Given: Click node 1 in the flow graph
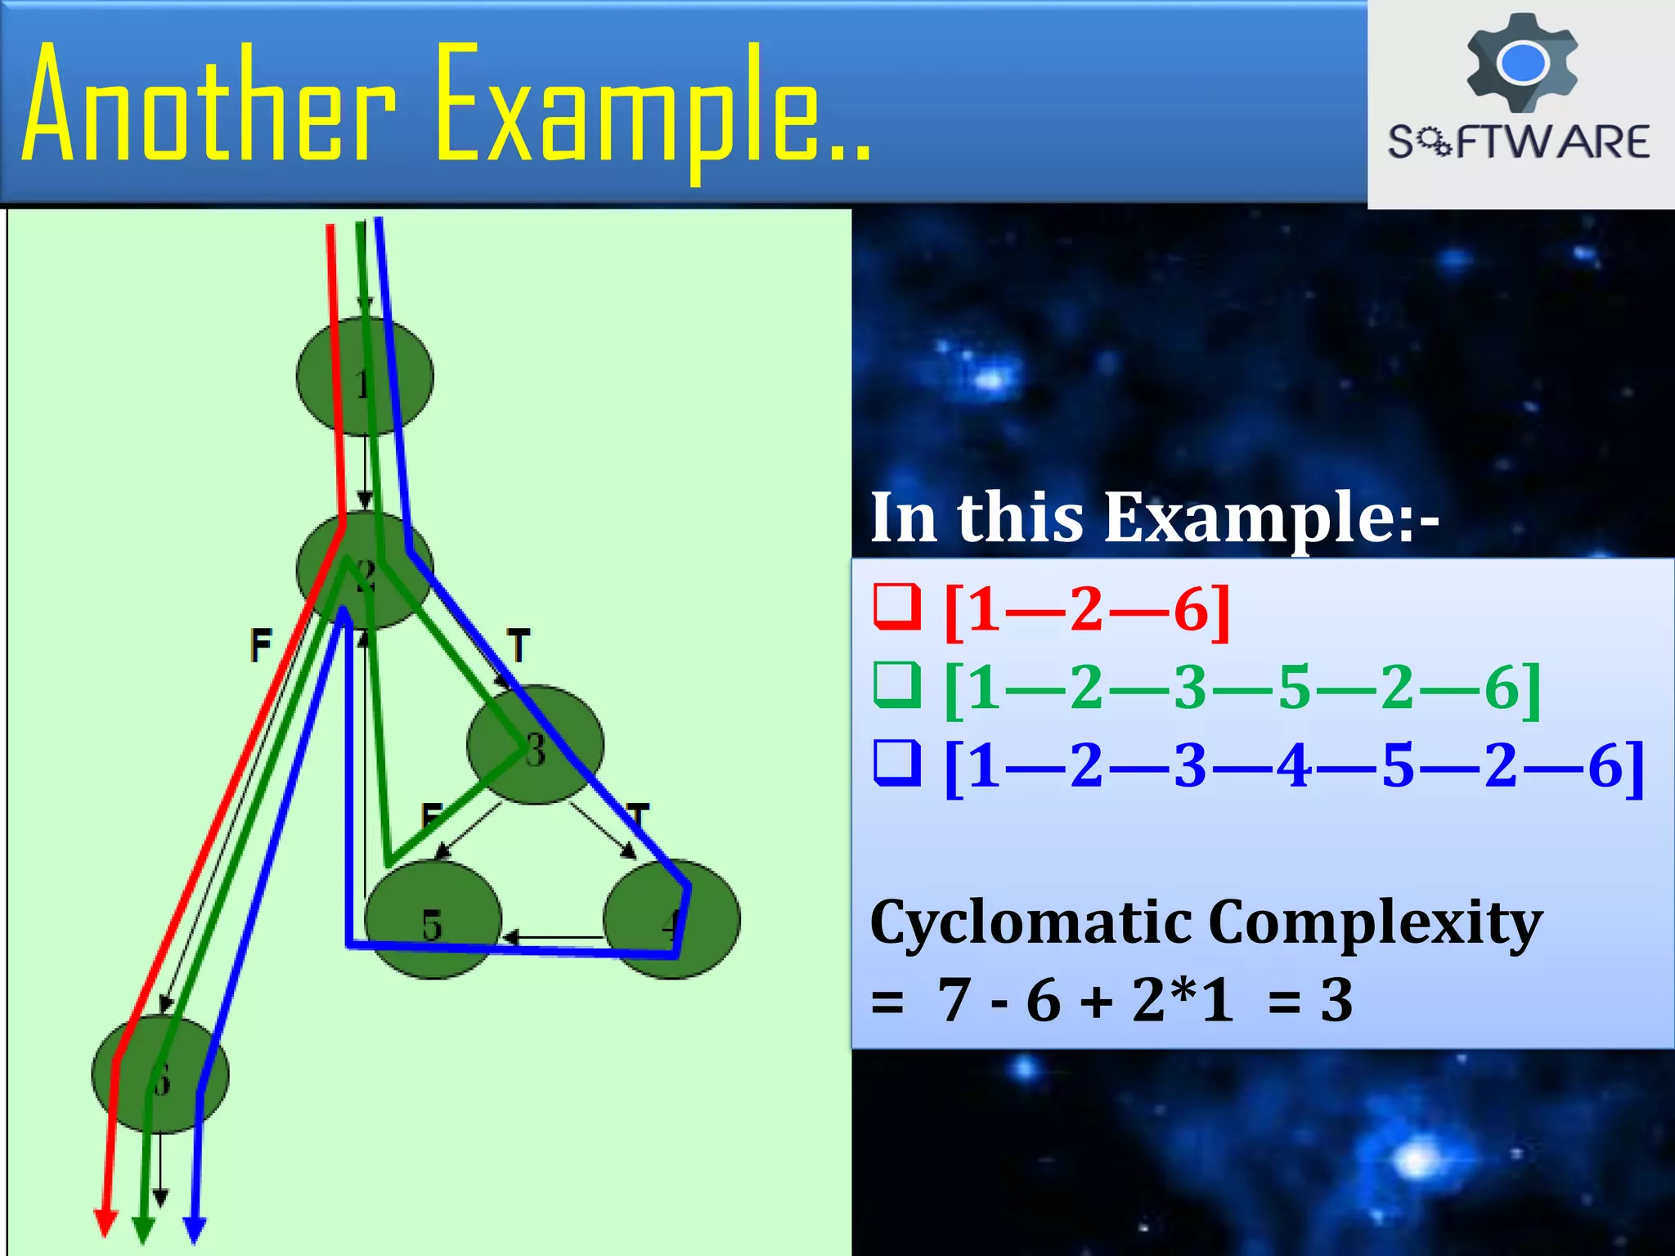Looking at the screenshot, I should click(x=365, y=377).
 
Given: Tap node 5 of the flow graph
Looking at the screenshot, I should click(x=433, y=921).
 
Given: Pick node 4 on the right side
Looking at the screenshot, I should click(x=672, y=921).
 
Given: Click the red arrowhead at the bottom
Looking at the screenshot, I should click(x=106, y=1223).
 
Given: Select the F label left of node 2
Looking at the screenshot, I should click(x=261, y=645).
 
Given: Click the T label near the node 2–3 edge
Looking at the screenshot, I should click(x=519, y=645).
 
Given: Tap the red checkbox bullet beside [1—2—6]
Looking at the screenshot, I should click(x=897, y=607).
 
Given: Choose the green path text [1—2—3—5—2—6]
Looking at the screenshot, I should click(x=1242, y=687).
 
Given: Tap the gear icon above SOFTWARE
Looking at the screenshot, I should click(x=1522, y=62).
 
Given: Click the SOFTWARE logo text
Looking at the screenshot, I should click(x=1519, y=141).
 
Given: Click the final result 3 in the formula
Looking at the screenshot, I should click(x=1336, y=999).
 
